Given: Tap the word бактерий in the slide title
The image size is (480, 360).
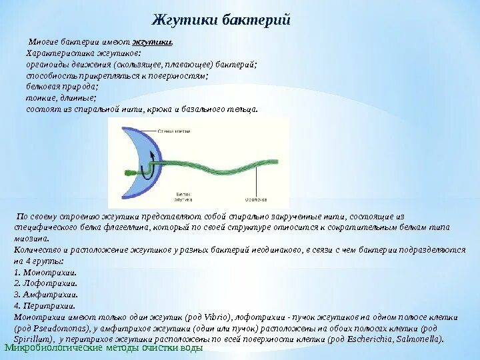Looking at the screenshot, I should pyautogui.click(x=259, y=20).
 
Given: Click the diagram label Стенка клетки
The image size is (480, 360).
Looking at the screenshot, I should pyautogui.click(x=170, y=131).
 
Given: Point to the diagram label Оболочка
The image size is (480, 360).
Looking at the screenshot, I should pyautogui.click(x=256, y=199).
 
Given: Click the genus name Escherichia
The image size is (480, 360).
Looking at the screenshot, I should pyautogui.click(x=363, y=338).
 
